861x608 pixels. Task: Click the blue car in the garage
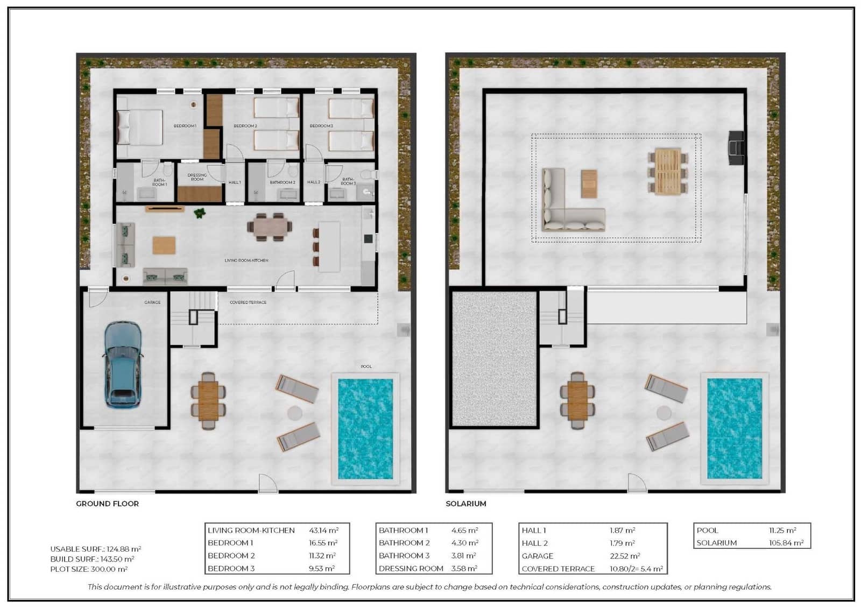coord(123,364)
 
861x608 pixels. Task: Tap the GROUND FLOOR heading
coord(107,504)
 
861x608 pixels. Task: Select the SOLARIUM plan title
coord(465,504)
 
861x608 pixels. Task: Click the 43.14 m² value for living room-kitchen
coord(323,531)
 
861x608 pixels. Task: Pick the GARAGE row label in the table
coord(537,556)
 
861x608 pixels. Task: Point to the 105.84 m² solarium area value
coord(786,543)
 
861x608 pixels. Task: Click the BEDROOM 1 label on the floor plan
coord(185,126)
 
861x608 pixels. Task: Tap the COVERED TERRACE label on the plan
coord(248,302)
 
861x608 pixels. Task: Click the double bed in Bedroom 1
coord(140,127)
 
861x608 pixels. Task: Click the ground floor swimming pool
coord(365,428)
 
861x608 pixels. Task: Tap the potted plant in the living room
coord(200,213)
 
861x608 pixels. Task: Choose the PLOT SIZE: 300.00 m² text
coord(89,569)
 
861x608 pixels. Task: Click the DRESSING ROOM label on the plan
coord(197,177)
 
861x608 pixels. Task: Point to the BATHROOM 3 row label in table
coord(404,556)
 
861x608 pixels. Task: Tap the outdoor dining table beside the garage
coord(208,400)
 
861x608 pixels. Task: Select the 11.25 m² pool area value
coord(782,531)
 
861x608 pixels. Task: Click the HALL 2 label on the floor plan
coord(314,182)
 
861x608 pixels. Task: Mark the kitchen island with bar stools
coord(329,246)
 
